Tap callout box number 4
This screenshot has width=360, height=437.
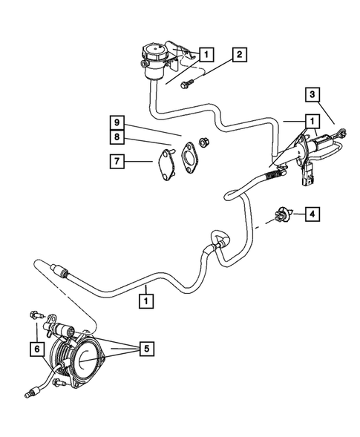pyautogui.click(x=313, y=214)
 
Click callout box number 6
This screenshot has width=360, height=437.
pyautogui.click(x=33, y=346)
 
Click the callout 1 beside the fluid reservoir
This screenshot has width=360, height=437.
pyautogui.click(x=206, y=53)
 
